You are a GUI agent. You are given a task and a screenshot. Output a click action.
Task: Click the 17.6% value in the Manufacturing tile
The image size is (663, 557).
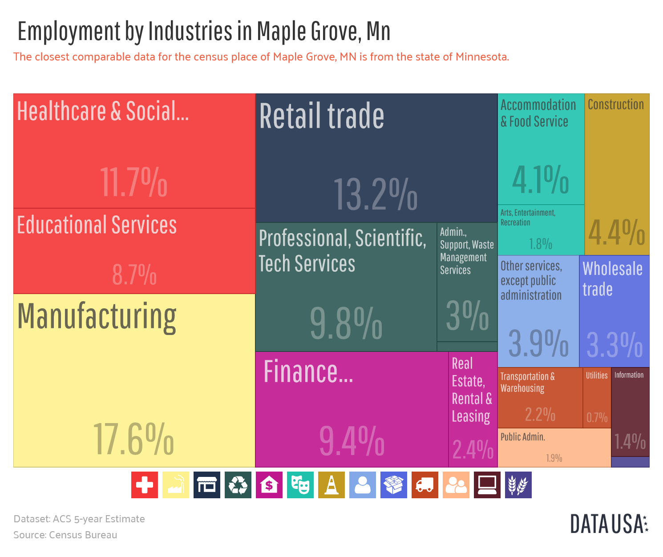(133, 440)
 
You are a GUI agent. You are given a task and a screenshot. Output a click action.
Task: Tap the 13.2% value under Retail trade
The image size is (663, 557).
(375, 194)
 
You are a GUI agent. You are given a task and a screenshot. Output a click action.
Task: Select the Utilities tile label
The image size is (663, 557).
(596, 375)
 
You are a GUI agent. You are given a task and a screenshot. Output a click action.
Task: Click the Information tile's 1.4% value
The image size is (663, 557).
(630, 442)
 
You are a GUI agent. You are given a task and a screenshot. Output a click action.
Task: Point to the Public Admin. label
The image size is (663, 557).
(522, 437)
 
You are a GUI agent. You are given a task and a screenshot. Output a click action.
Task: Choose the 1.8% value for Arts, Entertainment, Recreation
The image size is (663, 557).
(540, 244)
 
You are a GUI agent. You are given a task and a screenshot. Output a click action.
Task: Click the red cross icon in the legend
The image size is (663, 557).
(145, 485)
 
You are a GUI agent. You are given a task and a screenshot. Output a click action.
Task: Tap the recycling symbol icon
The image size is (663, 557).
(238, 485)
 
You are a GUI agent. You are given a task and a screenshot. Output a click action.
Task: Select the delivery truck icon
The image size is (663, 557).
(424, 485)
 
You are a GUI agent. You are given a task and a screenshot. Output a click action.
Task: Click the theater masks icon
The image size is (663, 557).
(300, 485)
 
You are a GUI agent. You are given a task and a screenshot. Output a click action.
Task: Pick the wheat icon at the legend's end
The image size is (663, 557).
(518, 485)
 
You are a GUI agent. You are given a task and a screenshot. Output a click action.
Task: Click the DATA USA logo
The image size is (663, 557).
(609, 524)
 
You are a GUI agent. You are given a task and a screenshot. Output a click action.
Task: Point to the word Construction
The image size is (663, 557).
(615, 105)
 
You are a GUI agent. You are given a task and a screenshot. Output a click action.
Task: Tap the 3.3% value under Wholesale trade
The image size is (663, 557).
(614, 345)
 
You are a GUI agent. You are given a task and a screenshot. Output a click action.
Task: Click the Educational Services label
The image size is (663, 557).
(97, 225)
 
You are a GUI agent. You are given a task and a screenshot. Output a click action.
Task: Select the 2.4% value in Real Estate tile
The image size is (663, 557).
(473, 449)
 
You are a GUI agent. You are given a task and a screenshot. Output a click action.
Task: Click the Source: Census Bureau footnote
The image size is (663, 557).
(65, 535)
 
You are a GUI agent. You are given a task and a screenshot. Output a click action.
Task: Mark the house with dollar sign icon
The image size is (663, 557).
(269, 485)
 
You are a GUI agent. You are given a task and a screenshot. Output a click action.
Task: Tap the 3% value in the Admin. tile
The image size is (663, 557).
(467, 315)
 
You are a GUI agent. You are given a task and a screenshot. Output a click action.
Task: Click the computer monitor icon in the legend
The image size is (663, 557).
(487, 485)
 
